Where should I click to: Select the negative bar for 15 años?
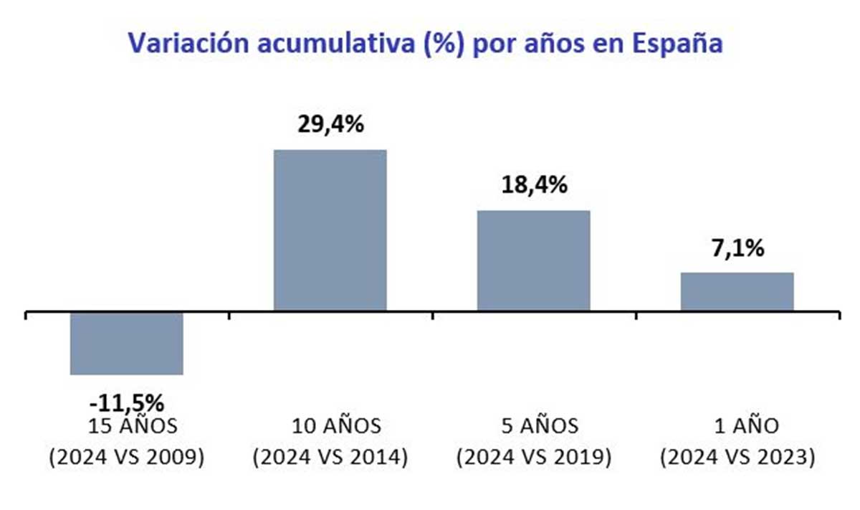pos(126,344)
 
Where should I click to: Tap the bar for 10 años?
pos(330,230)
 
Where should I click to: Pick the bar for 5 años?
pos(534,260)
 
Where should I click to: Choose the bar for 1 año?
pos(737,291)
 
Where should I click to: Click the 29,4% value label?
pos(330,124)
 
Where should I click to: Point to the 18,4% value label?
pos(534,185)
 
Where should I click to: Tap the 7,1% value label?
pos(737,249)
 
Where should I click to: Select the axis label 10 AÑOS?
pos(330,426)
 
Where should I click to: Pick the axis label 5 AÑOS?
pos(534,426)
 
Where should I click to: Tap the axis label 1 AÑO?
pos(737,426)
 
